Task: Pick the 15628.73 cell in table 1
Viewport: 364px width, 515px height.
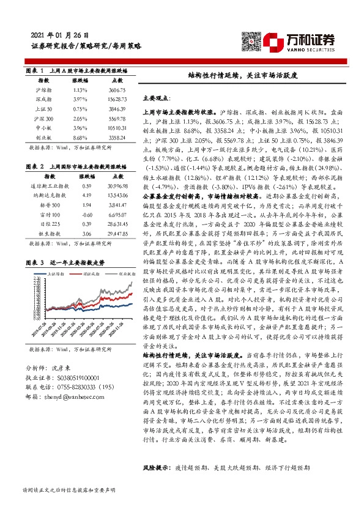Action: click(117, 98)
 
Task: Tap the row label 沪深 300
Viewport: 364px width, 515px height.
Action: click(44, 118)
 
